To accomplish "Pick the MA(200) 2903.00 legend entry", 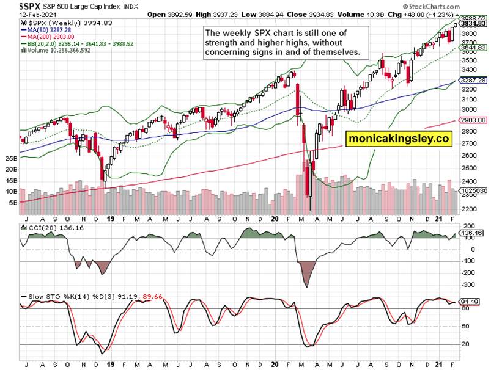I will (x=43, y=37).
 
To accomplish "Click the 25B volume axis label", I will (x=11, y=158).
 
